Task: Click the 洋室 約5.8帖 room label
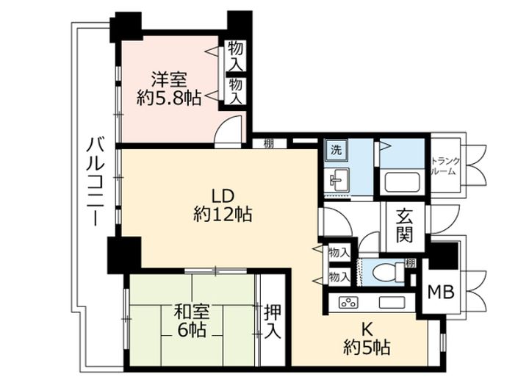[x=169, y=89]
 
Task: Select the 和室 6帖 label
[x=192, y=321]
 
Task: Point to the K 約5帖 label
[x=367, y=339]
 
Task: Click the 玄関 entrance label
[x=405, y=226]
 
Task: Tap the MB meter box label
[x=441, y=292]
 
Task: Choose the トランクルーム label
[x=446, y=166]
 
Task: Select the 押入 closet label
[x=273, y=322]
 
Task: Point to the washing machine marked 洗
[x=336, y=151]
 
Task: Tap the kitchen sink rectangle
[x=392, y=302]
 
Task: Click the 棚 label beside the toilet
[x=410, y=263]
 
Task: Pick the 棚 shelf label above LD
[x=269, y=143]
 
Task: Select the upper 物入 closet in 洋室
[x=236, y=56]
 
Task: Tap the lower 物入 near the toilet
[x=339, y=277]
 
